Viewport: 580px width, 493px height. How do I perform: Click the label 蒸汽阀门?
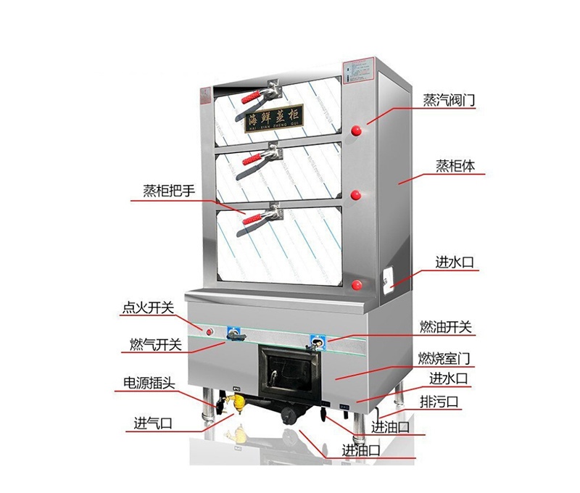449,100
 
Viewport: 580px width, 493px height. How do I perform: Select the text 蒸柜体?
455,165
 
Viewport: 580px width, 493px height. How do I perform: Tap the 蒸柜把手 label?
168,191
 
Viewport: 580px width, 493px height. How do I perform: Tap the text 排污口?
440,400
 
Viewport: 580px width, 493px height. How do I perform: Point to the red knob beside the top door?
357,130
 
